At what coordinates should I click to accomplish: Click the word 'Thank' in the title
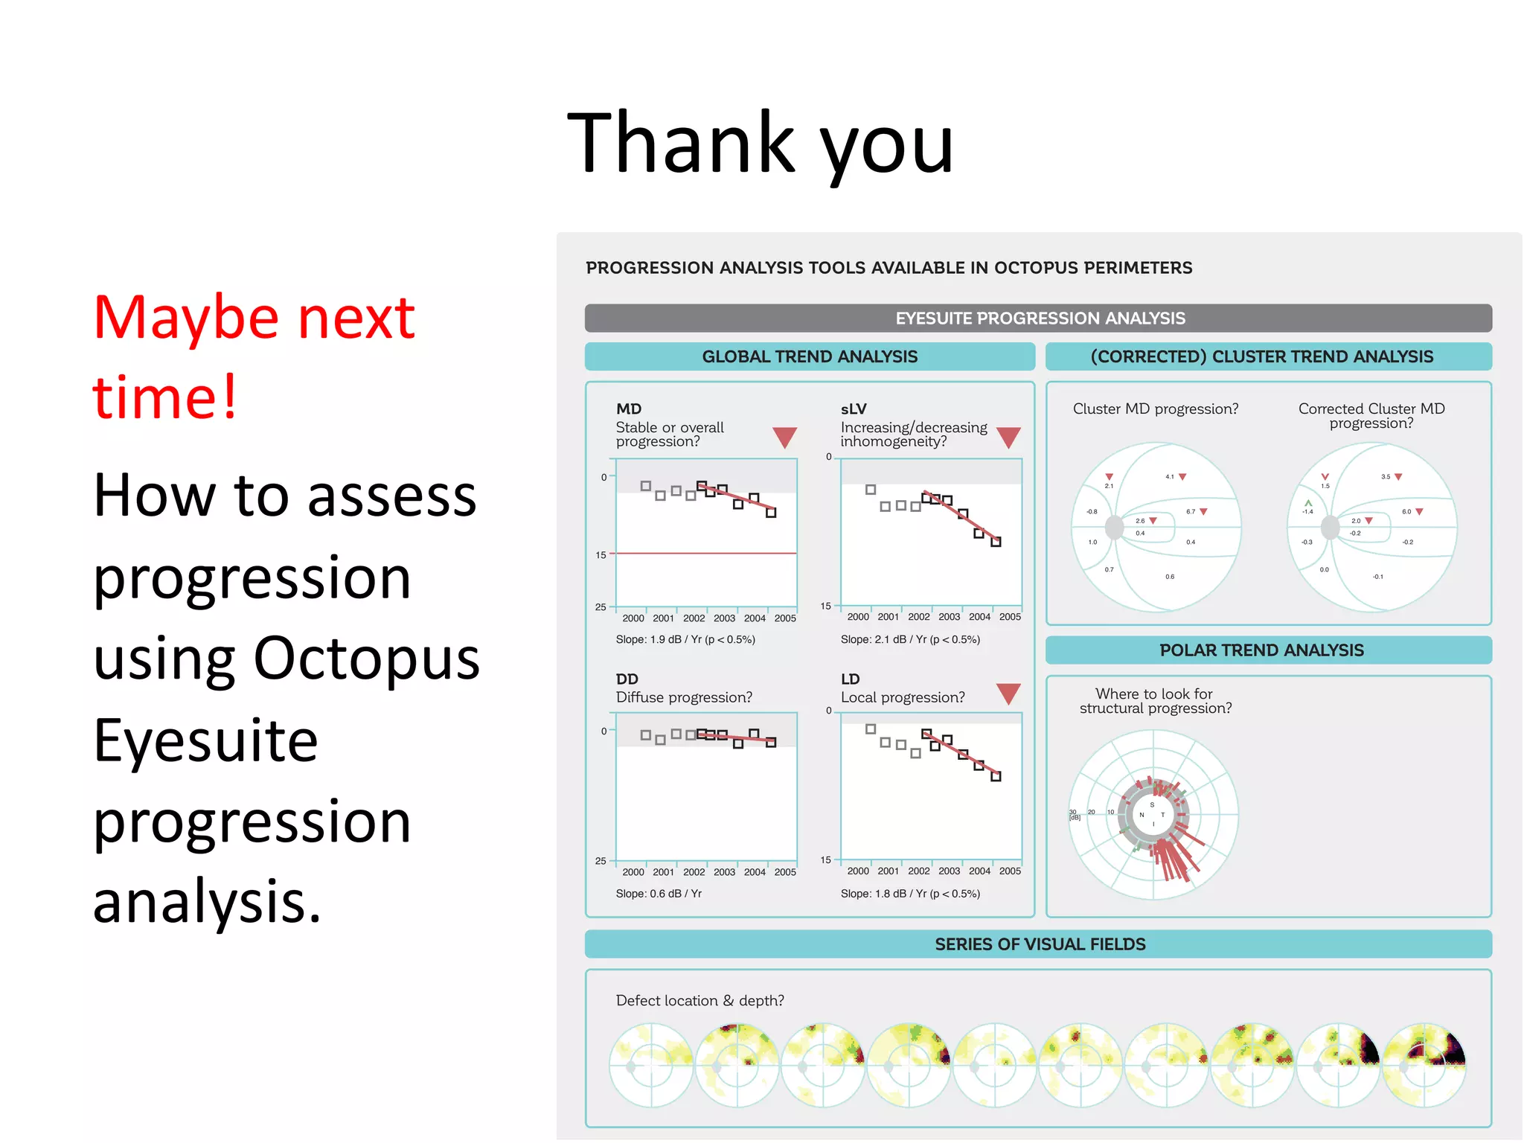click(x=681, y=143)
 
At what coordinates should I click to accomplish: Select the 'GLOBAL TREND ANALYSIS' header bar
click(x=810, y=356)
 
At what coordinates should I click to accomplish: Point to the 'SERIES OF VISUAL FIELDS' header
click(x=1040, y=944)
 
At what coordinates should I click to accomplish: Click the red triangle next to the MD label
click(x=784, y=437)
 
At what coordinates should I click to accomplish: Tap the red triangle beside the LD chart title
click(x=1008, y=693)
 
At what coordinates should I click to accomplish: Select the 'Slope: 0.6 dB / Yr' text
click(x=659, y=894)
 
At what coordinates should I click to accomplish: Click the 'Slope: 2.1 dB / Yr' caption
click(x=910, y=639)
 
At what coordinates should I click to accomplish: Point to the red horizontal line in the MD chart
click(x=707, y=554)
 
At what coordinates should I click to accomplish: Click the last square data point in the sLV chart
click(x=996, y=542)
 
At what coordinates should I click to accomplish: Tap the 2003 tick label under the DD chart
click(x=724, y=872)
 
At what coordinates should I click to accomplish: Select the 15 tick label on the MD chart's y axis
click(x=601, y=555)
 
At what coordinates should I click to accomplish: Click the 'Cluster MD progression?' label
click(x=1156, y=409)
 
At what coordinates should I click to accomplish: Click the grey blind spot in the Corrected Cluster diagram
click(x=1330, y=528)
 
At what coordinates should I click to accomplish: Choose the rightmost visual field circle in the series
click(x=1424, y=1065)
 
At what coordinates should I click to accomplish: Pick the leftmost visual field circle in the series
click(x=651, y=1065)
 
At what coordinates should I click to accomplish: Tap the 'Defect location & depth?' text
click(x=699, y=1001)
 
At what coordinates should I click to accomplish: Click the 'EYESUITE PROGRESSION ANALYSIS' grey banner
click(x=1039, y=318)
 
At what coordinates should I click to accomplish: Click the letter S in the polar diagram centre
click(x=1152, y=805)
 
